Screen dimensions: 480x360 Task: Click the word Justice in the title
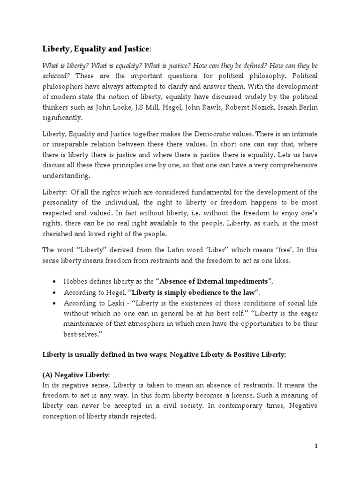133,48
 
